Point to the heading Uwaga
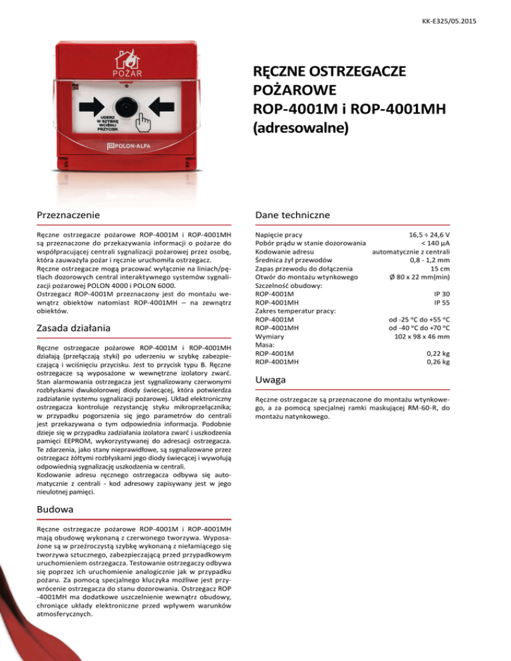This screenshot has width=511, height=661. pyautogui.click(x=271, y=380)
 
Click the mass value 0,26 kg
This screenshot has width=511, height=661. pyautogui.click(x=437, y=362)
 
